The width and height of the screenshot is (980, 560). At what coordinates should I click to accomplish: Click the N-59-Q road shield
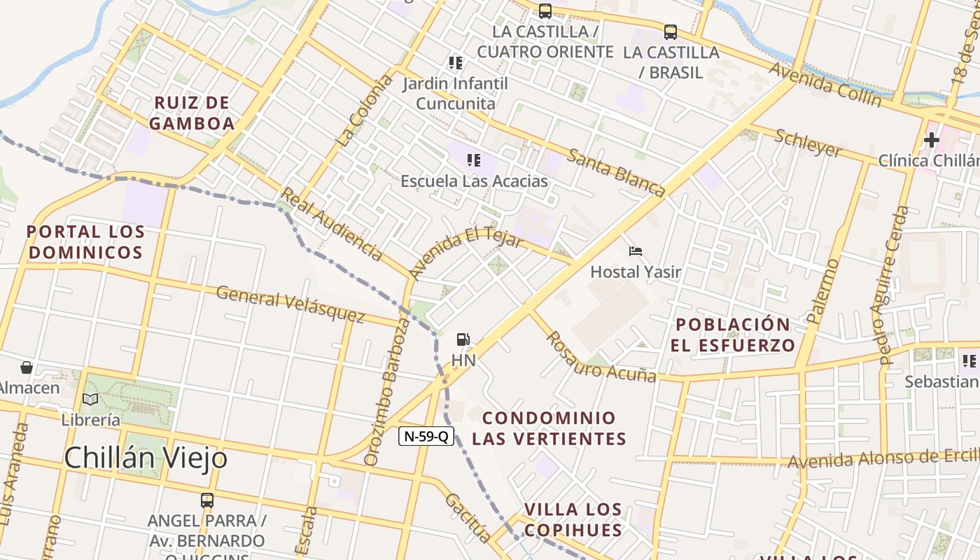(x=426, y=436)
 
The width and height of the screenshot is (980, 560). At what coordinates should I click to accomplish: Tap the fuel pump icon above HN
(x=463, y=339)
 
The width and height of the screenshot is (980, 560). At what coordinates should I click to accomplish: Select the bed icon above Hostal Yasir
(x=636, y=251)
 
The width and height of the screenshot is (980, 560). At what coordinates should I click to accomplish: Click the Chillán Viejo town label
(x=146, y=458)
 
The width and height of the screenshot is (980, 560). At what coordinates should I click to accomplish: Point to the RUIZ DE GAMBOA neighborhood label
(x=191, y=113)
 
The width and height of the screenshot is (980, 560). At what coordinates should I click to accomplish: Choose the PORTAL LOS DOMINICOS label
(x=85, y=241)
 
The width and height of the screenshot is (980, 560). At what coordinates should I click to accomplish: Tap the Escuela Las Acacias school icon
(x=474, y=160)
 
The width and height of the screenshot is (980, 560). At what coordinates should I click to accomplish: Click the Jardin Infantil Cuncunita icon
(x=456, y=63)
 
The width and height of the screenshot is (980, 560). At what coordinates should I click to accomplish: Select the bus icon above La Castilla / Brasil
(x=671, y=31)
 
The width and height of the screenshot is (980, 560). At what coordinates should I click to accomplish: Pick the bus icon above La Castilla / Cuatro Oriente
(x=545, y=10)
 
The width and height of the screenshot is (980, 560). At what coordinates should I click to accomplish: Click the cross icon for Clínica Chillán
(x=931, y=140)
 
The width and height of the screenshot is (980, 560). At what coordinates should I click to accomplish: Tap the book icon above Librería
(x=90, y=399)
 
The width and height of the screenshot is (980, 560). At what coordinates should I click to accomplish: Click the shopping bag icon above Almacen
(x=27, y=367)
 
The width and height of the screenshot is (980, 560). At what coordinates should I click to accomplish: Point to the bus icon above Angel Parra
(x=207, y=500)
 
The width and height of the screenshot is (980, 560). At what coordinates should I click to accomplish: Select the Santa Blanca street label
(x=615, y=172)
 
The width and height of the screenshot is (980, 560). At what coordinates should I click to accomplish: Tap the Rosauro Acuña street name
(x=601, y=357)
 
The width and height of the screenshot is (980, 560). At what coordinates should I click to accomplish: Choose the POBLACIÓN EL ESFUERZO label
(x=733, y=335)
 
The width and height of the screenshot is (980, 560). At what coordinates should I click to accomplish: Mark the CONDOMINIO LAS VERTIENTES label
(x=549, y=428)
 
